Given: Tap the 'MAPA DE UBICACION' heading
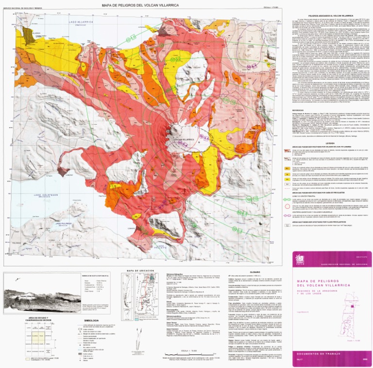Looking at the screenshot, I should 140,270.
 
